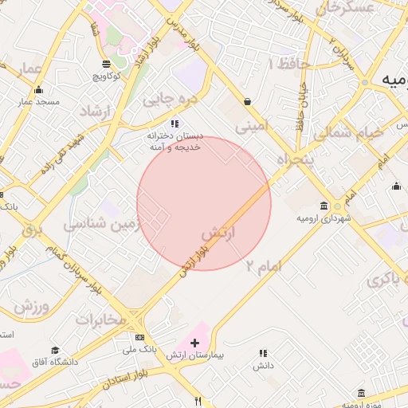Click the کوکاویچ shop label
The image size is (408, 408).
106,76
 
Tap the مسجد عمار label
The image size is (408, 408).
36,103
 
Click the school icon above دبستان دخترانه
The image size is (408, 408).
175,124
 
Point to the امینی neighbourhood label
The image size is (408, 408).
249,125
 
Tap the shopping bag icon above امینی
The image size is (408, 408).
248,102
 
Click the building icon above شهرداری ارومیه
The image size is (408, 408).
323,205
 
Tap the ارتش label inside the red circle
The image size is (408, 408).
220,234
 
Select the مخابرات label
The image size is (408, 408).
101,320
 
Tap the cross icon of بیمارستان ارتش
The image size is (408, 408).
195,342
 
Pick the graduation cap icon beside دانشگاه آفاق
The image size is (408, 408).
55,351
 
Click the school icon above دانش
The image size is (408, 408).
263,353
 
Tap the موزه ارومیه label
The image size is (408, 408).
363,404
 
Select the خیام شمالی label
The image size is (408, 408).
347,135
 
